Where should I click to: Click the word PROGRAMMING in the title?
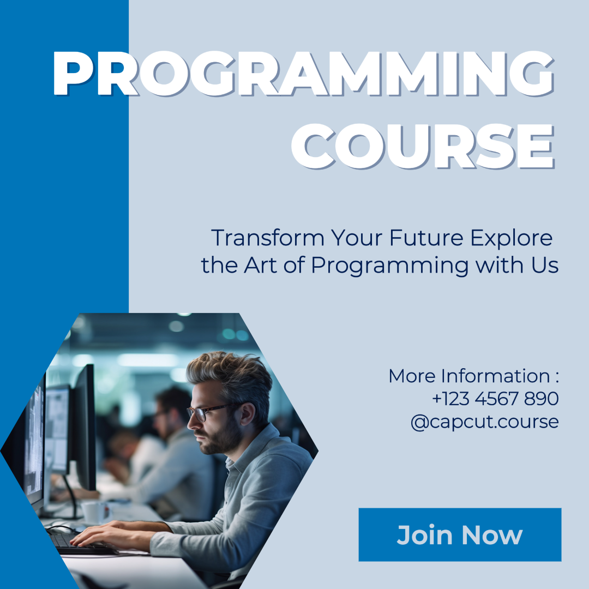click(304, 74)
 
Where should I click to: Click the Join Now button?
click(460, 534)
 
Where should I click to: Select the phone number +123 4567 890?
click(495, 399)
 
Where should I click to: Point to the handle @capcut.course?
click(485, 422)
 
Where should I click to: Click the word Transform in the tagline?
click(268, 238)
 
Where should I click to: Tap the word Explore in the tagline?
click(511, 238)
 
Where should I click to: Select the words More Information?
click(469, 376)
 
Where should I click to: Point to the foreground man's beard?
click(221, 437)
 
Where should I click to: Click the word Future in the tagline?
click(426, 238)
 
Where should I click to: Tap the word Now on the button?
click(492, 535)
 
